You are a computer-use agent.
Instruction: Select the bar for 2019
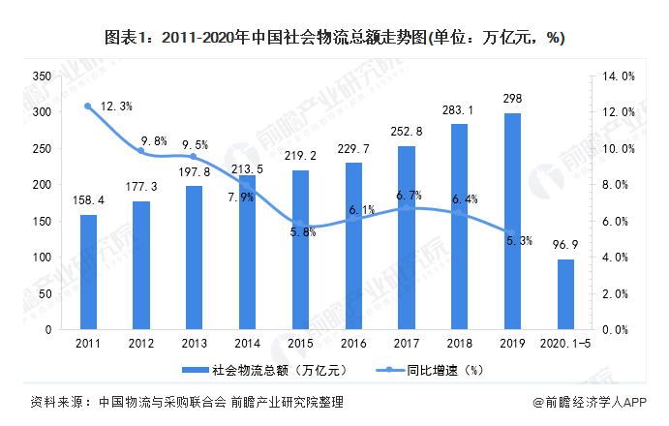click(x=513, y=222)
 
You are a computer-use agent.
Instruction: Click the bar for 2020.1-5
click(x=565, y=294)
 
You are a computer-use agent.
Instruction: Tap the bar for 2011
click(x=88, y=272)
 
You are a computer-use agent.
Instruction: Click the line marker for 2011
click(x=88, y=106)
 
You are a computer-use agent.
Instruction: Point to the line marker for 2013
click(x=194, y=157)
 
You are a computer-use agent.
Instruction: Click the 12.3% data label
click(x=114, y=106)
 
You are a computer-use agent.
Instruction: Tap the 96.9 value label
click(x=565, y=246)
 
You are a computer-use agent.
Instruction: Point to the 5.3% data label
click(x=519, y=241)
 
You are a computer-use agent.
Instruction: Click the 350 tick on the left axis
click(x=42, y=76)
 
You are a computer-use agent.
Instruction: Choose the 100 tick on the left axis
click(x=42, y=258)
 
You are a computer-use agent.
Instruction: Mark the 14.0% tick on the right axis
click(x=620, y=76)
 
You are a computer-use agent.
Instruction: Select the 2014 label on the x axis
click(x=247, y=344)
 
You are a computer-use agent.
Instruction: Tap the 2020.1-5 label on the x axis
click(x=565, y=344)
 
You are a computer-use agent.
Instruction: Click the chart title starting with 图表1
click(x=334, y=38)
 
